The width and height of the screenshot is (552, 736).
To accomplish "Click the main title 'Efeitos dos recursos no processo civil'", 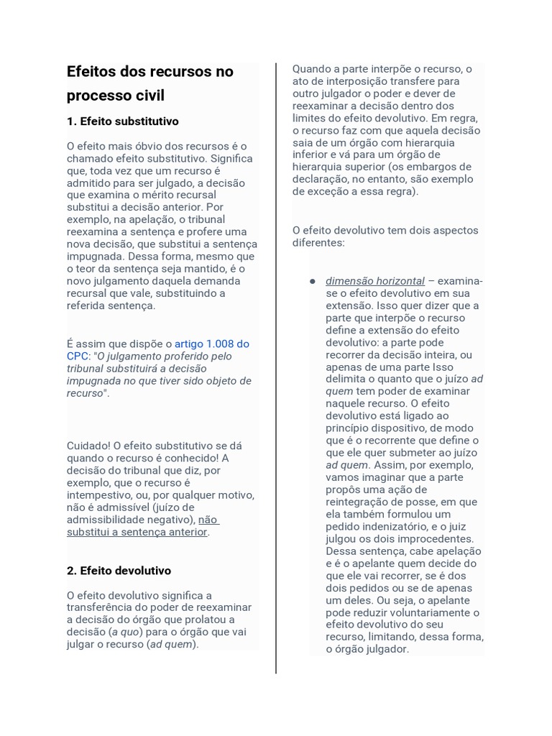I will [149, 83].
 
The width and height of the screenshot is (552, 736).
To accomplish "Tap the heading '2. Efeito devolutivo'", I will [119, 571].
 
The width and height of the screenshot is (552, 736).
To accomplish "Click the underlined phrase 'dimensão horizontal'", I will [374, 281].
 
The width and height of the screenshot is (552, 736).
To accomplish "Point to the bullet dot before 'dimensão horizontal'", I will [313, 281].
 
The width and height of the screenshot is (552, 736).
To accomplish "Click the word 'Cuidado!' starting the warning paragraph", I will [88, 446].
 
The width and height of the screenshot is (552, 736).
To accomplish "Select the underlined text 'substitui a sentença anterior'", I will [137, 532].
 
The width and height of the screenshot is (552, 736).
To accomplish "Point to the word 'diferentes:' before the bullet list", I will [318, 243].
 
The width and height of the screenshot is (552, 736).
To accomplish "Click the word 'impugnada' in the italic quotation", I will [94, 381].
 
